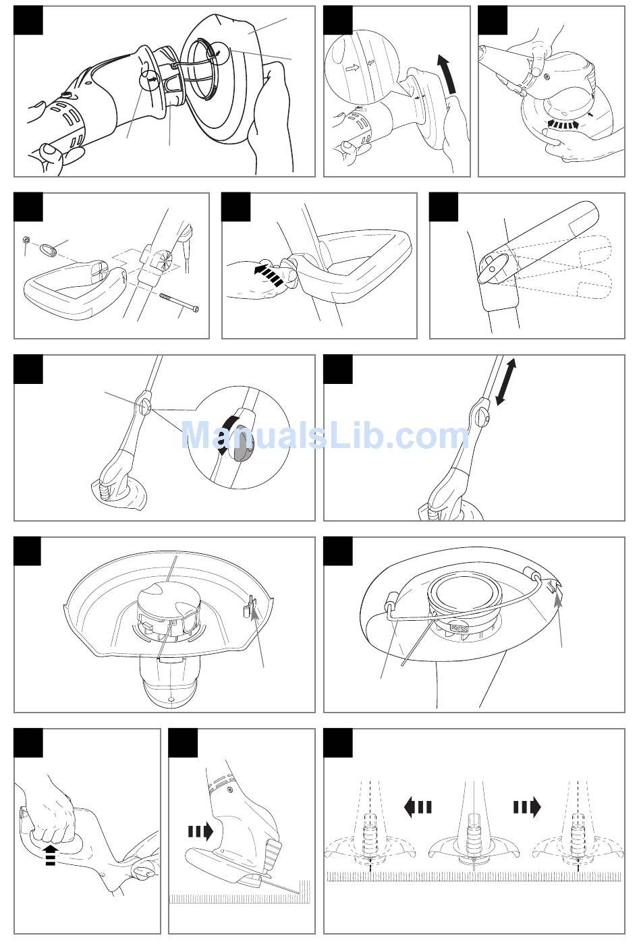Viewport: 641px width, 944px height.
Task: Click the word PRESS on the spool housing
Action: click(x=459, y=629)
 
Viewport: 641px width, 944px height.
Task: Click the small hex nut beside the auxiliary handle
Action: click(x=25, y=240)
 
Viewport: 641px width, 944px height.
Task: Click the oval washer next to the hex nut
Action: click(x=49, y=250)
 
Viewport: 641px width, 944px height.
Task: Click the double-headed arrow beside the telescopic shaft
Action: click(x=506, y=382)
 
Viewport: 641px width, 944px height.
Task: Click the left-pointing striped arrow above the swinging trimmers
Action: click(x=418, y=807)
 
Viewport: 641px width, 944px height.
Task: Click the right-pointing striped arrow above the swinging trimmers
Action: click(x=527, y=807)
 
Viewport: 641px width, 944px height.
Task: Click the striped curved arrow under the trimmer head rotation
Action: click(x=563, y=124)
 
